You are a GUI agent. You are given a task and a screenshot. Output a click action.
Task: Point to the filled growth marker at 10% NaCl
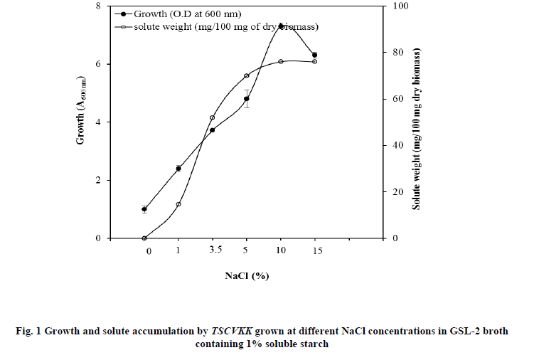(x=281, y=26)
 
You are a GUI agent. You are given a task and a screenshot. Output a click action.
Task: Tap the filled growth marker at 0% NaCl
(x=144, y=209)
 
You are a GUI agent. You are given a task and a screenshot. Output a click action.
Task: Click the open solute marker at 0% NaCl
(x=144, y=238)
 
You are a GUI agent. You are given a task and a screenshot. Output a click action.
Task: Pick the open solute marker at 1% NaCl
(x=178, y=204)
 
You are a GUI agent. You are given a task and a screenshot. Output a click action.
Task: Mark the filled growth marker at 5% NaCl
(x=247, y=99)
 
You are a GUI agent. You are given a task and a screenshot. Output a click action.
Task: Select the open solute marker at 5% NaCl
(x=247, y=75)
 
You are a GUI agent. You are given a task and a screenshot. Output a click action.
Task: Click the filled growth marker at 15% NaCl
(x=314, y=55)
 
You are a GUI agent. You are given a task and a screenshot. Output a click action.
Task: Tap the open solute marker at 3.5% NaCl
(x=213, y=117)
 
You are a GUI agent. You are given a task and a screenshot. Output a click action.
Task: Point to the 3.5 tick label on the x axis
(x=215, y=250)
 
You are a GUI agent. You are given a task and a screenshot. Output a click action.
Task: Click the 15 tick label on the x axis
(x=317, y=250)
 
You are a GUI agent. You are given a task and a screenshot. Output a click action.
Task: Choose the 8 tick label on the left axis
(x=97, y=6)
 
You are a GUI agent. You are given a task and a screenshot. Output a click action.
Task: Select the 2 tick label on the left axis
(x=97, y=181)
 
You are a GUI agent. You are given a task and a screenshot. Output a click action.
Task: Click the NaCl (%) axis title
(x=247, y=275)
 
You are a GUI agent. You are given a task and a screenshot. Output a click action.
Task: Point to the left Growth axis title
(x=82, y=122)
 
